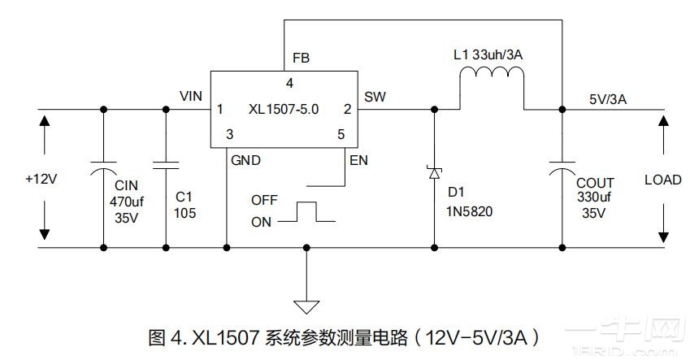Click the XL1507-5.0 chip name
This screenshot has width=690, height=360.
click(x=284, y=109)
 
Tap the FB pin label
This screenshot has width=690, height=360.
click(x=300, y=59)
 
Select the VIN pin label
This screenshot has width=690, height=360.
click(x=191, y=97)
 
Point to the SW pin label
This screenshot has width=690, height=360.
click(x=375, y=97)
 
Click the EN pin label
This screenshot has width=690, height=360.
click(x=358, y=160)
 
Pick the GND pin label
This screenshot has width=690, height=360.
click(x=245, y=160)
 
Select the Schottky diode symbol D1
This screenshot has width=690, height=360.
click(x=434, y=171)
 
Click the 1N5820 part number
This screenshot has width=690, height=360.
click(x=470, y=211)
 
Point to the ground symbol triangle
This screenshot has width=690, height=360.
click(x=306, y=306)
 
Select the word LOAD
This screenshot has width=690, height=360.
click(x=662, y=180)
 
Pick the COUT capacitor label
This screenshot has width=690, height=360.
click(x=594, y=184)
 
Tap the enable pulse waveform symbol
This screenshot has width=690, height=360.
click(x=306, y=213)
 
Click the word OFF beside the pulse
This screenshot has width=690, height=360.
click(x=264, y=200)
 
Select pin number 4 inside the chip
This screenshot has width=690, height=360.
click(x=289, y=83)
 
